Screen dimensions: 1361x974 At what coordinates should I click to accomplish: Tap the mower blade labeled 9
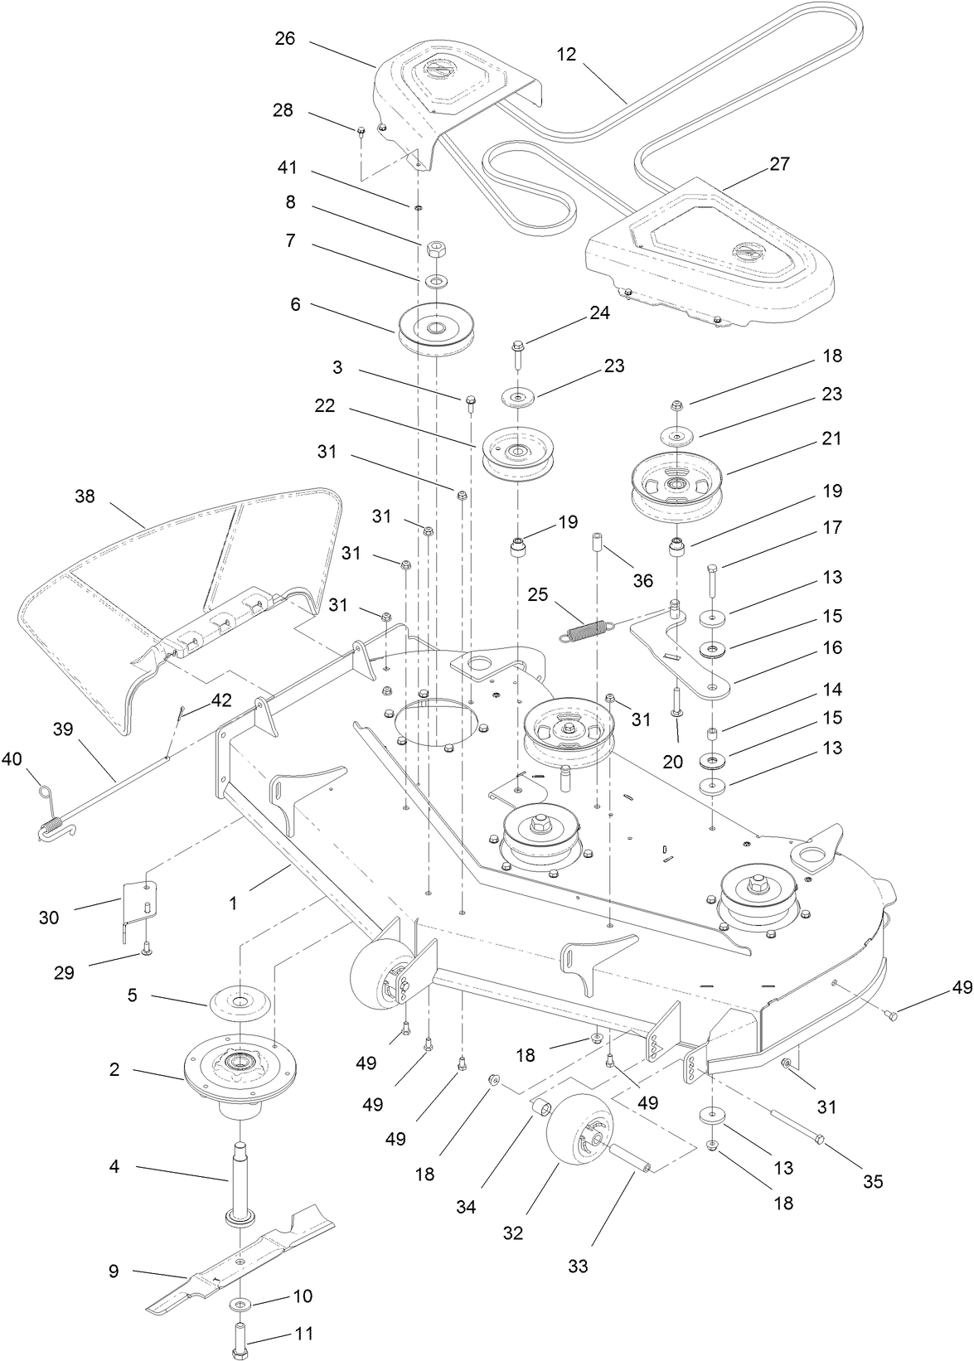click(x=240, y=1260)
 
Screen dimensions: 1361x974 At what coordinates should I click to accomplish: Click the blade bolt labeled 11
click(x=240, y=1333)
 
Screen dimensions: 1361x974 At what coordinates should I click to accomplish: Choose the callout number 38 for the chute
click(x=85, y=496)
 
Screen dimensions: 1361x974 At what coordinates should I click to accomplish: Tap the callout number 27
click(x=780, y=163)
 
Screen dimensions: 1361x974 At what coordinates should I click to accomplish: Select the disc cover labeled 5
click(x=240, y=1001)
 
